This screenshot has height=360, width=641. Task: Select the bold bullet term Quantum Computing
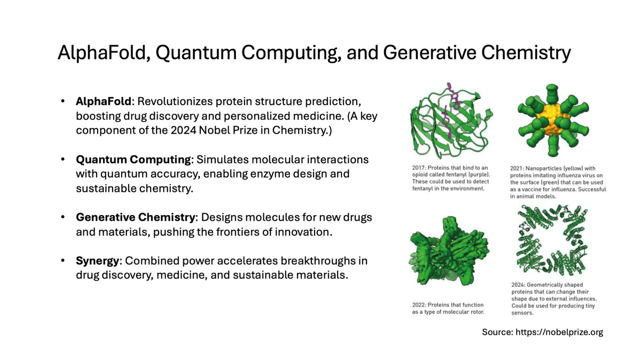(133, 160)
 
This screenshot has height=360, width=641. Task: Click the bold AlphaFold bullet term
(103, 101)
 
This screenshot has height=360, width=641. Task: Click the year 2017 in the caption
(418, 168)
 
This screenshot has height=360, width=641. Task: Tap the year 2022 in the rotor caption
(419, 305)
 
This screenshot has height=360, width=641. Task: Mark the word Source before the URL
(497, 332)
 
